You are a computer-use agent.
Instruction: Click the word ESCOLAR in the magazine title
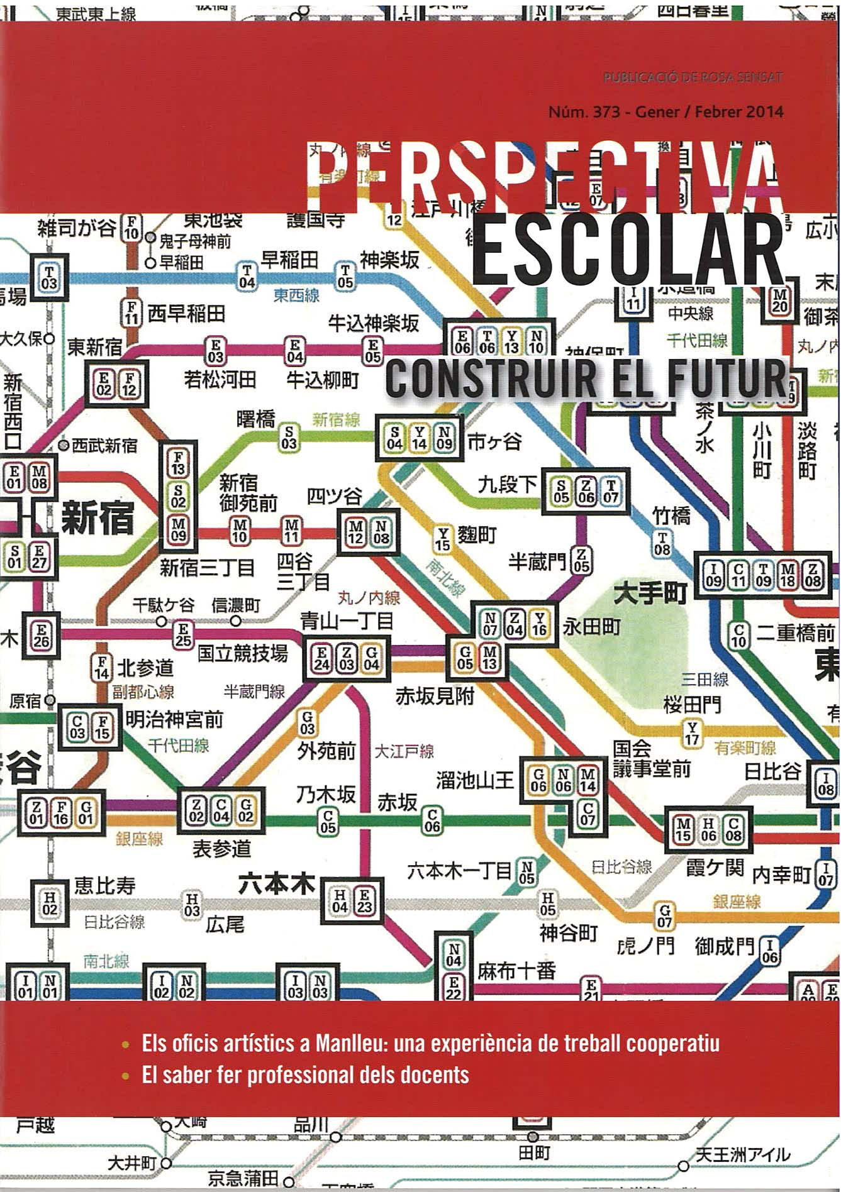(628, 250)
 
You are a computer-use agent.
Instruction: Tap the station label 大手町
(650, 592)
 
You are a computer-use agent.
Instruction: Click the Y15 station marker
(443, 539)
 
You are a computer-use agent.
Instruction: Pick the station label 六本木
(277, 885)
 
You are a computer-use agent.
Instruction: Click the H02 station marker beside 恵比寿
(50, 903)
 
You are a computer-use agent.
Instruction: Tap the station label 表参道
(221, 849)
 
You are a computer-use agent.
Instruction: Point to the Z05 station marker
(581, 560)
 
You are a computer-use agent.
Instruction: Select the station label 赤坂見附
(435, 696)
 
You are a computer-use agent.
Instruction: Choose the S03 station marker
(289, 438)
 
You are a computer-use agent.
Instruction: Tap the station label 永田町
(591, 626)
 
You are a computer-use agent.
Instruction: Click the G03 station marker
(307, 723)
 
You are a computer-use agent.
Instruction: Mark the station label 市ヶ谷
(494, 441)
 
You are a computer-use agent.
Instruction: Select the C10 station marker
(738, 636)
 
